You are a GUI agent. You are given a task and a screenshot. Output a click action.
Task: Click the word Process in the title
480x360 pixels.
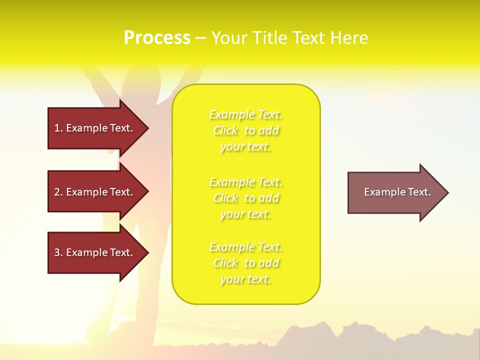click(157, 38)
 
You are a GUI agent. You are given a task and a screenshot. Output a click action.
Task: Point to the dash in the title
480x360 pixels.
click(200, 38)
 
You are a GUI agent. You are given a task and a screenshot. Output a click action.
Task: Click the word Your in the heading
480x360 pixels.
click(230, 38)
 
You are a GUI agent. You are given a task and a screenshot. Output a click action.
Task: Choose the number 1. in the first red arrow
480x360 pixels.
click(58, 128)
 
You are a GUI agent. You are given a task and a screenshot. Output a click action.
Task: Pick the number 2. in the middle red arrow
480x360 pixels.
click(58, 192)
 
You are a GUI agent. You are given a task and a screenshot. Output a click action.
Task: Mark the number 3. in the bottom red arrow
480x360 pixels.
click(58, 252)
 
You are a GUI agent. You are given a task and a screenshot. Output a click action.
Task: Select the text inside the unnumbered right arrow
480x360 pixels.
click(397, 192)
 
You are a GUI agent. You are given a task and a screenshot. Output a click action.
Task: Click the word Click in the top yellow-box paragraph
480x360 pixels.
click(225, 131)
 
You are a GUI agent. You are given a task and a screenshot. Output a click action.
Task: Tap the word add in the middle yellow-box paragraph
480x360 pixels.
click(269, 198)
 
